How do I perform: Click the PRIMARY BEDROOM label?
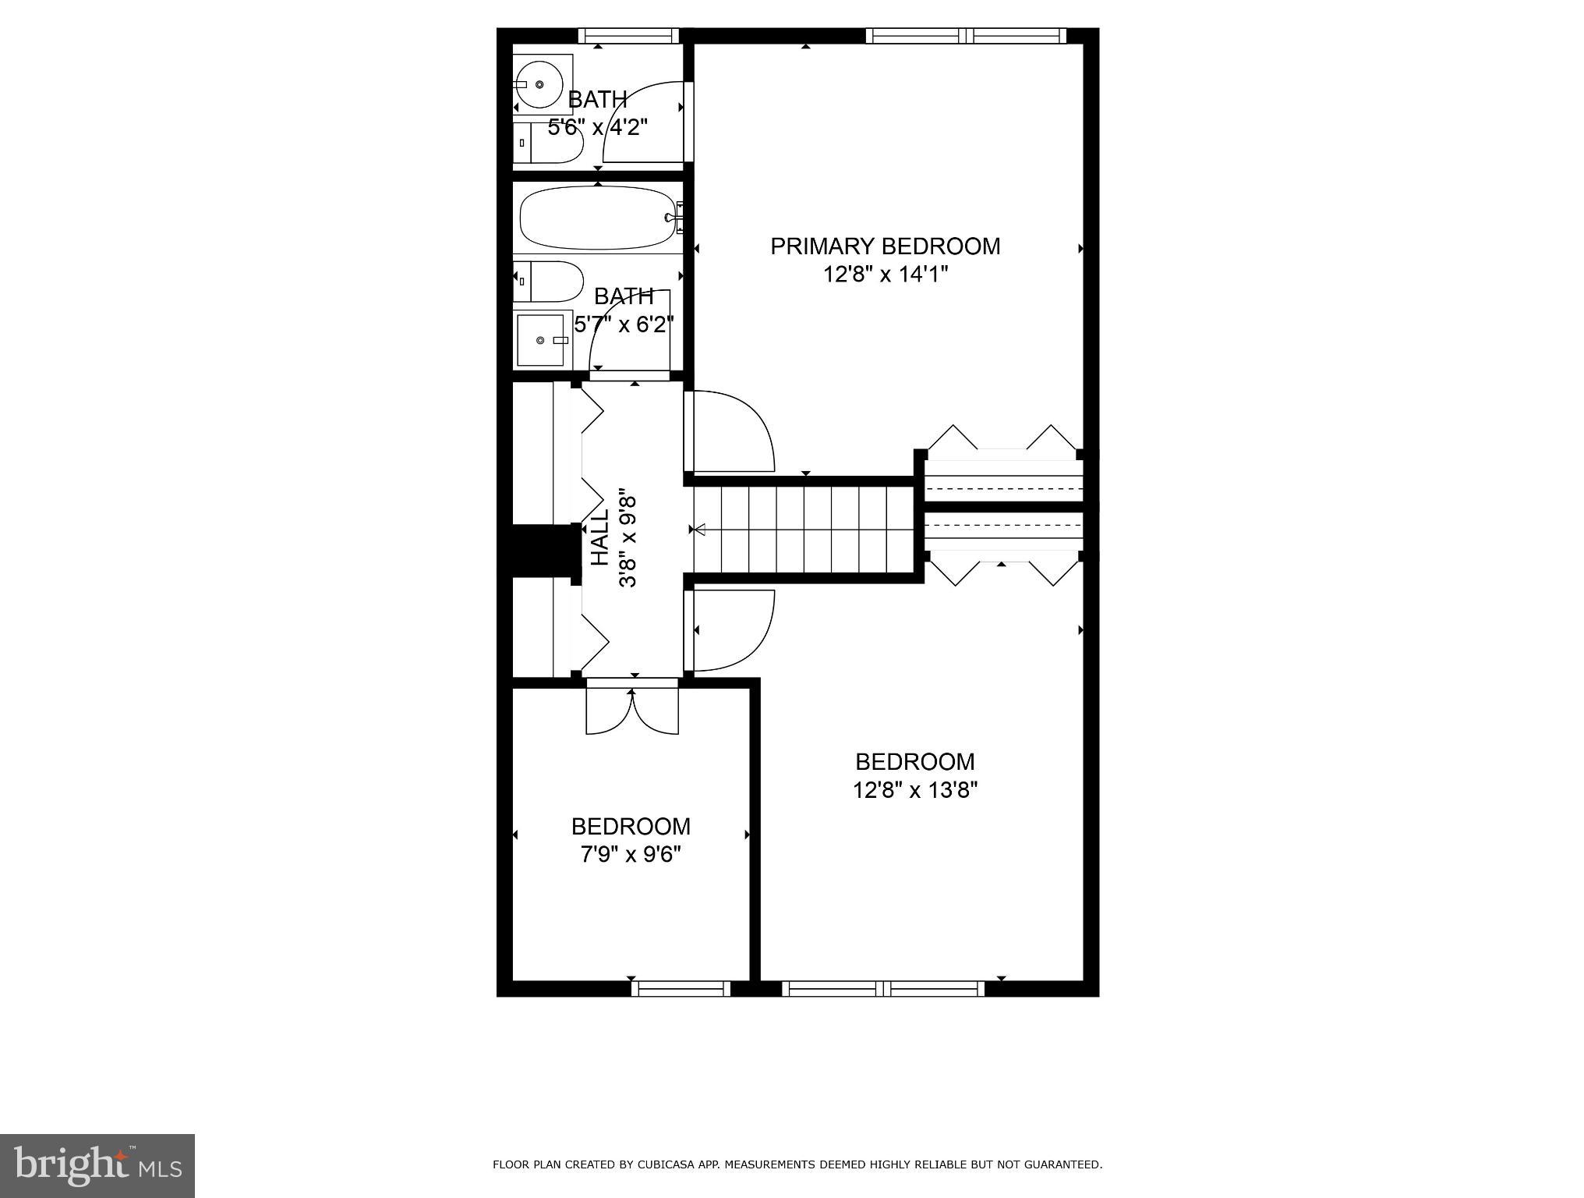[x=885, y=246]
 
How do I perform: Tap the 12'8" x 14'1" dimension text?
[x=885, y=275]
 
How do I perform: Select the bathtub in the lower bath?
[x=597, y=218]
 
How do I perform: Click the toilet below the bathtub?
[x=549, y=282]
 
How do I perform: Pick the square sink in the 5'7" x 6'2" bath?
[x=541, y=340]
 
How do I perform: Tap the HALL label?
[x=599, y=537]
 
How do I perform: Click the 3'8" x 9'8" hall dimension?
[x=628, y=537]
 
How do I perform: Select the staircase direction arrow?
[x=699, y=530]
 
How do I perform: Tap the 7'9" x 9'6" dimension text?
[x=631, y=855]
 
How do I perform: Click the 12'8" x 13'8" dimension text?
[x=915, y=790]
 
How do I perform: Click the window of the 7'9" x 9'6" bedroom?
[x=681, y=988]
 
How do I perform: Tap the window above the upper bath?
[x=628, y=35]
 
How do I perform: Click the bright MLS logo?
[x=97, y=1165]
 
